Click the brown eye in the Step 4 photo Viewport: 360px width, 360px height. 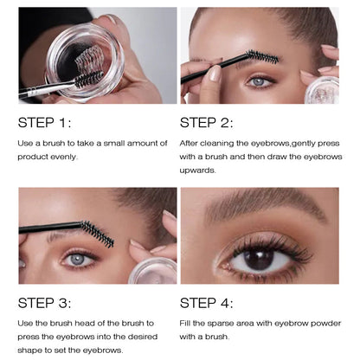click(x=259, y=257)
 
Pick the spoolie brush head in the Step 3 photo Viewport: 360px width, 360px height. click(x=97, y=234)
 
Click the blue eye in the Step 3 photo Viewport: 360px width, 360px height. click(x=79, y=258)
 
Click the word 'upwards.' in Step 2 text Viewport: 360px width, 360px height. click(x=199, y=170)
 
